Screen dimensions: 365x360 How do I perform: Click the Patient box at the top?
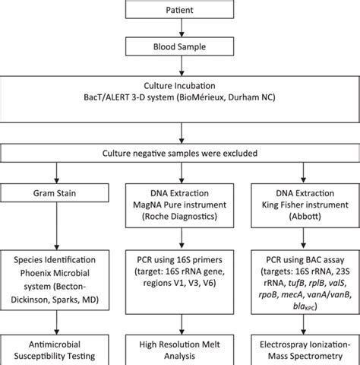point(179,10)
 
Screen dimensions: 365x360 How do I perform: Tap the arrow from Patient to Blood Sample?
point(179,27)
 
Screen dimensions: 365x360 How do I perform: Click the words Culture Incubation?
point(179,86)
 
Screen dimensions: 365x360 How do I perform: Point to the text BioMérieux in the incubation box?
point(218,98)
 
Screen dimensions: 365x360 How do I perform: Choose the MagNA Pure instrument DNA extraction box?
point(179,202)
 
